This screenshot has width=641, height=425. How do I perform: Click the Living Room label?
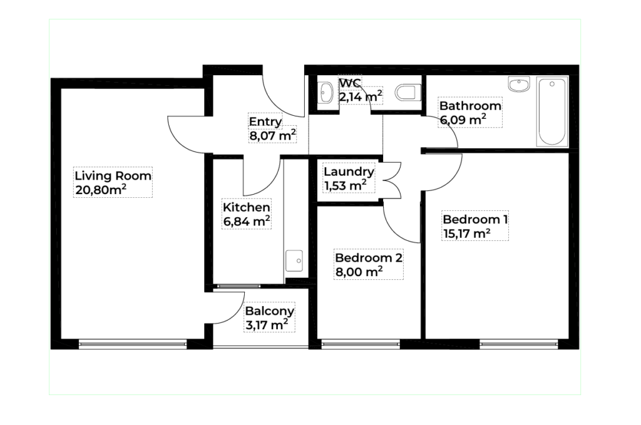coord(113,176)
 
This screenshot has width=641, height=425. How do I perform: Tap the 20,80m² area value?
coord(101,190)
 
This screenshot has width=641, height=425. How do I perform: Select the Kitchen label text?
coord(246,207)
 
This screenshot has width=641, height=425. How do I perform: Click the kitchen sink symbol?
coord(294,261)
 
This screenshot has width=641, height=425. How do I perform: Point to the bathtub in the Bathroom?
coord(552,112)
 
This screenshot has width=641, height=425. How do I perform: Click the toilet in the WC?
coord(408,93)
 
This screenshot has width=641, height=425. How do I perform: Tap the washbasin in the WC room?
coord(326,93)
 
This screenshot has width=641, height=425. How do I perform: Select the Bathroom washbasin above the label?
coord(519,84)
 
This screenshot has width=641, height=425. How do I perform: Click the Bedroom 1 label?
coord(475,220)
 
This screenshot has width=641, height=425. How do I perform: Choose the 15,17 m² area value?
coord(467,233)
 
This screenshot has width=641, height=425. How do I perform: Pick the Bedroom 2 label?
coord(368,258)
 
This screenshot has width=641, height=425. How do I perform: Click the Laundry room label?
coord(349,172)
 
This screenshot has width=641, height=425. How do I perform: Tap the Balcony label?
coord(269,311)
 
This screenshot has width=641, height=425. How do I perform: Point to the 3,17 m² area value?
coord(267,325)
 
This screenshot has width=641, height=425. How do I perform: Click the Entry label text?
coord(265,122)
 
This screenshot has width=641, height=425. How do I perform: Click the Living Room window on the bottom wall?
coord(133,344)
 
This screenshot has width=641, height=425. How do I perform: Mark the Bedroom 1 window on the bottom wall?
coord(519,344)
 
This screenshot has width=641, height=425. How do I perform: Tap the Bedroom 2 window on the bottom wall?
coord(361,344)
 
